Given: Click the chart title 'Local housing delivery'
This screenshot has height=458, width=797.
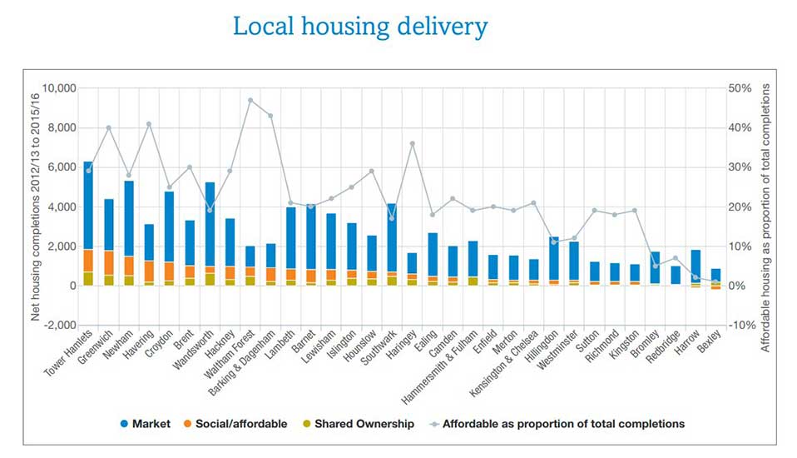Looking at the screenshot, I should pyautogui.click(x=359, y=27).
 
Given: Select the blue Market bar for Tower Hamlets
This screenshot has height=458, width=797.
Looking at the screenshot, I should pyautogui.click(x=88, y=205).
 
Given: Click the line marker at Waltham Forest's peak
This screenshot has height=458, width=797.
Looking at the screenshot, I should pyautogui.click(x=250, y=100).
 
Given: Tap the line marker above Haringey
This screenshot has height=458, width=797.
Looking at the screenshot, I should pyautogui.click(x=412, y=143).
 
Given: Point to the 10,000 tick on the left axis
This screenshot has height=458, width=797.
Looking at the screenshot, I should pyautogui.click(x=58, y=88).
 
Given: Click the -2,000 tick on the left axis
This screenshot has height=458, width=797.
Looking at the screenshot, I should pyautogui.click(x=58, y=325).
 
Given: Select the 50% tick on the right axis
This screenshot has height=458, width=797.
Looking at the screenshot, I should pyautogui.click(x=740, y=88).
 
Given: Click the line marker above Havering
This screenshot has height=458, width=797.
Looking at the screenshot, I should pyautogui.click(x=149, y=124).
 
